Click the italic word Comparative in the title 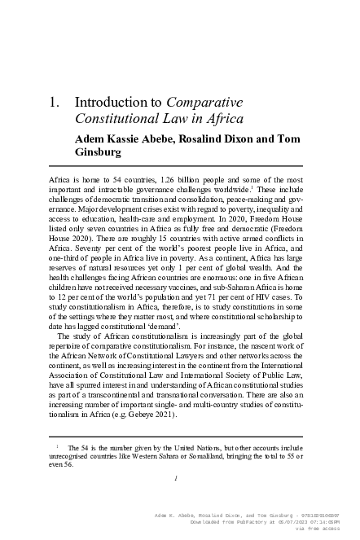pos(195,103)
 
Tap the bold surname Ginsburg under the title pos(99,151)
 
